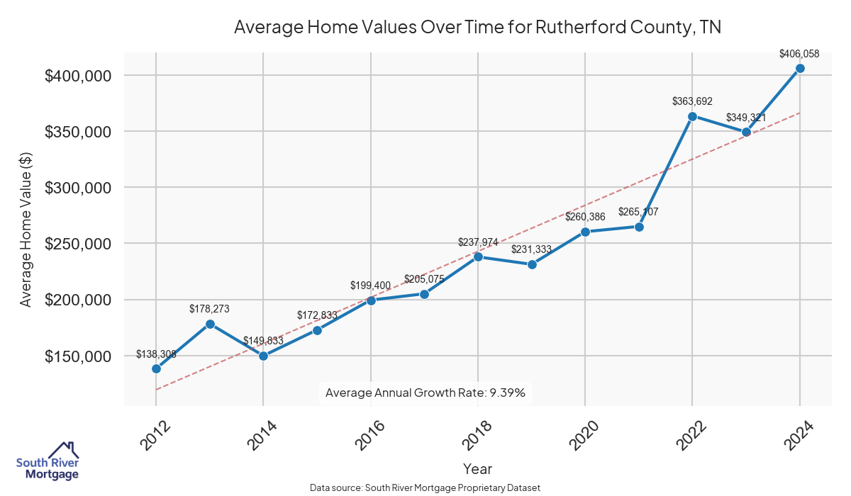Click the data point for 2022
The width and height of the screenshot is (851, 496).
(692, 116)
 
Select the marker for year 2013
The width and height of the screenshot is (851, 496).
(210, 324)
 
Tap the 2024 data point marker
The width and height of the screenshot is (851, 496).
(800, 68)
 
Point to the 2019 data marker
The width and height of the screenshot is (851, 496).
(532, 264)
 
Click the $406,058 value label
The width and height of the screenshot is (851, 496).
(799, 53)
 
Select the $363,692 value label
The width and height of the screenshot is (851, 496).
(692, 101)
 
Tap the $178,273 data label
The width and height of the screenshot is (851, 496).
(210, 309)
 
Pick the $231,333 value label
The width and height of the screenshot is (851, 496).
(532, 249)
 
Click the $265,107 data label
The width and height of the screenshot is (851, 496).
(639, 212)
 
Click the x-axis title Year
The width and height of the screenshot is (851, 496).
(477, 468)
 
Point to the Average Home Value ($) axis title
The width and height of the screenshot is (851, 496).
(26, 230)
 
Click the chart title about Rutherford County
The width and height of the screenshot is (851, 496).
(477, 28)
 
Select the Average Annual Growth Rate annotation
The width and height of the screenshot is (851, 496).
(425, 393)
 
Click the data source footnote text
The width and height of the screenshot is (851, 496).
(425, 488)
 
